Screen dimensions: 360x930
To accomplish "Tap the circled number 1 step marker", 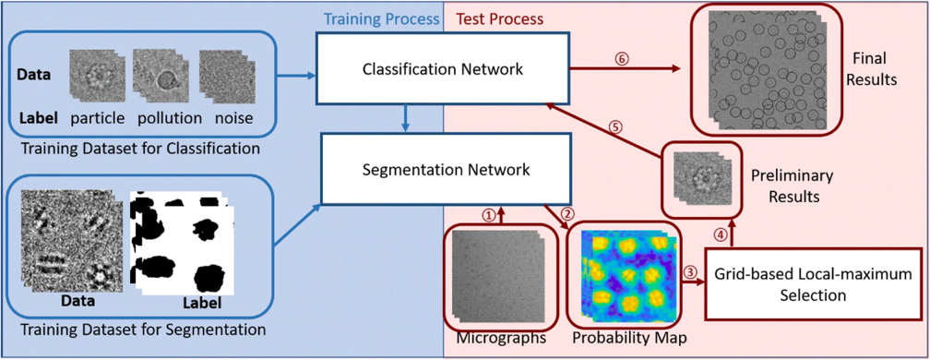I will point(490,213).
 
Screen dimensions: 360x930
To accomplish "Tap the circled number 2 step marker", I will point(567,214).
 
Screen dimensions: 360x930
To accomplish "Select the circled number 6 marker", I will point(623,58).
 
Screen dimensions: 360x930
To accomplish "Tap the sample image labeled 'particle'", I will point(94,74).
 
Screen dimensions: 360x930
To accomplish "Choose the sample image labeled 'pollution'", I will point(161,75).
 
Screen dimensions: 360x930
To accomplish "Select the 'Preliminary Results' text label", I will point(792,184).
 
